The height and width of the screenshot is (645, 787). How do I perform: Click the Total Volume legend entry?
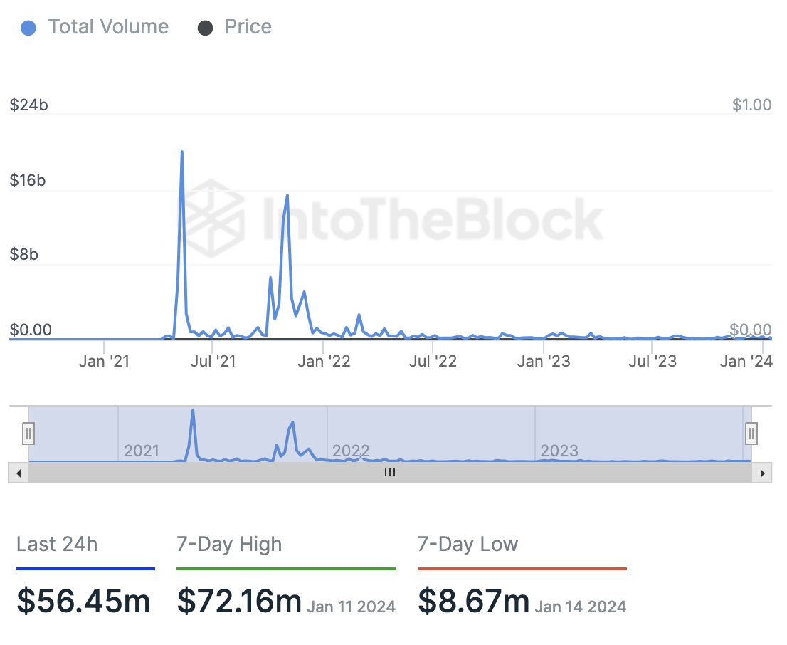(x=95, y=27)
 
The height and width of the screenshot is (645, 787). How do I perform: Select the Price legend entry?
(x=235, y=27)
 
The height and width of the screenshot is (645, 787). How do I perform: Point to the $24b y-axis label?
(x=29, y=105)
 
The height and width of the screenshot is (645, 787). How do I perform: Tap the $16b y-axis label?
(x=28, y=181)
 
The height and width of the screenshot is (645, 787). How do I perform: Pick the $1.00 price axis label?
(x=751, y=105)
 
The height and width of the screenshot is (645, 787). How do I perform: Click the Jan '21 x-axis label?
(x=105, y=362)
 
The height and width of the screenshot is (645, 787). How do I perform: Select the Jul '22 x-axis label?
(x=433, y=362)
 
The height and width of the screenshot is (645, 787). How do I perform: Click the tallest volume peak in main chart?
(x=182, y=152)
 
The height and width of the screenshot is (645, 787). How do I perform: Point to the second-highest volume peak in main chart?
(x=287, y=196)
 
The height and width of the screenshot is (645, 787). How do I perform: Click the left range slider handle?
(x=28, y=433)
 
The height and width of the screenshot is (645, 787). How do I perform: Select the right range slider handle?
(x=751, y=433)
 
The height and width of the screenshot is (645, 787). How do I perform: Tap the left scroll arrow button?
(x=19, y=473)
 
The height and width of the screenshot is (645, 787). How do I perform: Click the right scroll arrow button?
(x=763, y=473)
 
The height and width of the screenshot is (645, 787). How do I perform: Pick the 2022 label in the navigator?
(x=351, y=451)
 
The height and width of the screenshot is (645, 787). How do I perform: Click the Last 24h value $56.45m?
(x=83, y=601)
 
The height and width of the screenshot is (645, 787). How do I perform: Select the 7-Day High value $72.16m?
(x=239, y=601)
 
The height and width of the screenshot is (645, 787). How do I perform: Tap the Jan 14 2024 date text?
(x=581, y=607)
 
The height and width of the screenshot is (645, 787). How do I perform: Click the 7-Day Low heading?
(x=468, y=545)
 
